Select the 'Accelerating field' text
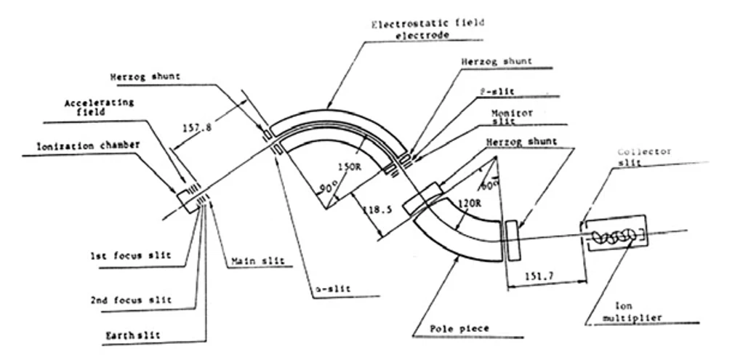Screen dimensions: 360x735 pyautogui.click(x=99, y=108)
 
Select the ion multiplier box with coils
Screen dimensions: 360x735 pyautogui.click(x=614, y=234)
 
